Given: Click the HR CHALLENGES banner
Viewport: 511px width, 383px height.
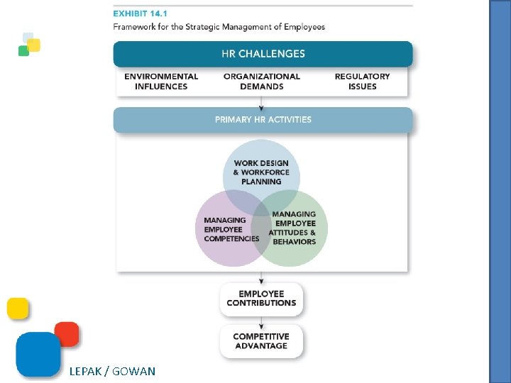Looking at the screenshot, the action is (263, 54).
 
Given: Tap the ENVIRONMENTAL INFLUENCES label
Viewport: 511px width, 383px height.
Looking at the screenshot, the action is (161, 82).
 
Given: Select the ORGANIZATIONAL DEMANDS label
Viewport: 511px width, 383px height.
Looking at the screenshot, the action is (262, 82).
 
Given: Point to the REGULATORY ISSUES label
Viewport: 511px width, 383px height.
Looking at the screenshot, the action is (362, 82).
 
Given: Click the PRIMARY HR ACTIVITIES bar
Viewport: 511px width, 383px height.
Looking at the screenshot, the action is (263, 120).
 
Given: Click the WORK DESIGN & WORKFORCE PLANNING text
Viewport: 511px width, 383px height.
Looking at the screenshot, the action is (261, 172).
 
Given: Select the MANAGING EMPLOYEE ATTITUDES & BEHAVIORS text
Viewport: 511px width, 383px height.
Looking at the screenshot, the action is (293, 228).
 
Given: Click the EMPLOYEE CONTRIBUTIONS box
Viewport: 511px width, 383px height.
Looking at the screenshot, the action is (261, 299).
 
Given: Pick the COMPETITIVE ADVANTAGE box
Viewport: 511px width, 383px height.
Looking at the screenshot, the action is (261, 341).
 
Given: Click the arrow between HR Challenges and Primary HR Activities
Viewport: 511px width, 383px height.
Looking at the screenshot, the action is (262, 103).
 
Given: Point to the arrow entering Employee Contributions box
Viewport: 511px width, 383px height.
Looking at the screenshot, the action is (262, 277).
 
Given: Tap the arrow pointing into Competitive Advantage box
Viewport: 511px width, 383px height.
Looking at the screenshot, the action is (262, 321).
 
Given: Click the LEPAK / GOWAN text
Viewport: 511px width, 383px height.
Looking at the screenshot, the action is (112, 371).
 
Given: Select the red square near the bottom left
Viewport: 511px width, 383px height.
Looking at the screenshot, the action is (67, 334).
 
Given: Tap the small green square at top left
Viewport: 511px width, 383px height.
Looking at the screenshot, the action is (23, 51).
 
